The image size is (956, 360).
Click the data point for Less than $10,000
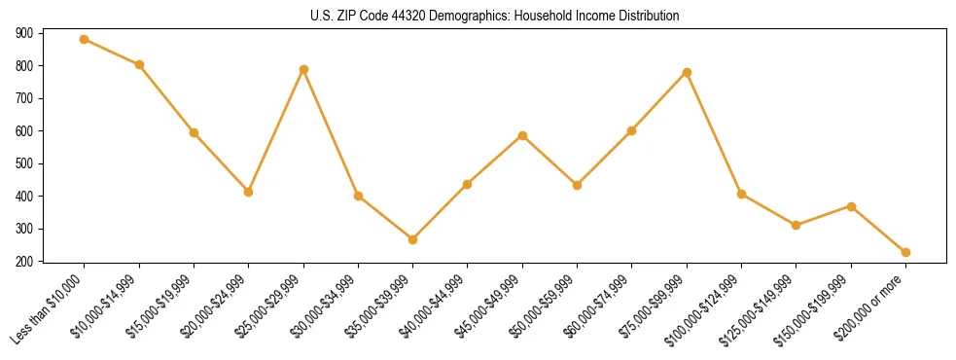tap(85, 40)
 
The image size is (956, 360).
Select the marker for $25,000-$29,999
tap(303, 69)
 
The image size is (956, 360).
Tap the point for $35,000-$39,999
tap(413, 239)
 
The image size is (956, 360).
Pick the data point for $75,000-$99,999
tap(687, 72)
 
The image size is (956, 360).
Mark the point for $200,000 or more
tap(905, 252)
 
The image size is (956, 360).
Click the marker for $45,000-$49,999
tap(523, 135)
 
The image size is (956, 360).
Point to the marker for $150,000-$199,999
tap(851, 206)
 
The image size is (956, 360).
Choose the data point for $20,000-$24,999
tap(249, 192)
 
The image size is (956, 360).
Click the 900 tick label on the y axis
tap(24, 33)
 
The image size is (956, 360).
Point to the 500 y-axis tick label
tap(24, 163)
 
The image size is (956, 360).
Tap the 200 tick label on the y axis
tap(24, 262)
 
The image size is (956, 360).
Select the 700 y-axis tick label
tap(24, 98)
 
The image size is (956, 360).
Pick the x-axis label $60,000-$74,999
tap(601, 306)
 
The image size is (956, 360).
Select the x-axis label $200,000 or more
tap(872, 306)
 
